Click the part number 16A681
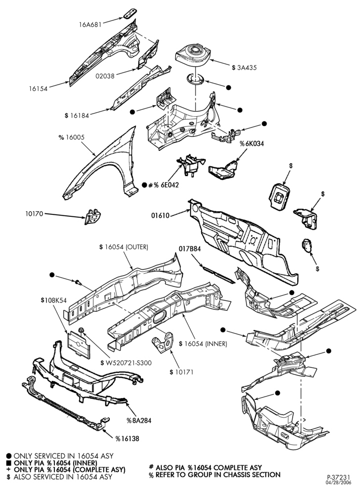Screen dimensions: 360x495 pyautogui.click(x=90, y=24)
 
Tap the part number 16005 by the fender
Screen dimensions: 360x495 pyautogui.click(x=75, y=137)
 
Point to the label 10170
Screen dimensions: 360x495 pyautogui.click(x=35, y=214)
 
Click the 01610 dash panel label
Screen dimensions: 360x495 pyautogui.click(x=160, y=216)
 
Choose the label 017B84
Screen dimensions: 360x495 pyautogui.click(x=190, y=248)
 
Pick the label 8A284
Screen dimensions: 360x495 pyautogui.click(x=141, y=420)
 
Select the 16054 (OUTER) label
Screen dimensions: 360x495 pyautogui.click(x=127, y=247)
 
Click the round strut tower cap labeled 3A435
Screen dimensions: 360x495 pyautogui.click(x=193, y=54)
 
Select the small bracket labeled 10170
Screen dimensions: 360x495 pyautogui.click(x=92, y=217)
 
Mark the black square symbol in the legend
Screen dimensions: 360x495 pyautogui.click(x=9, y=463)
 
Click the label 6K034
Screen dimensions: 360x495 pyautogui.click(x=254, y=144)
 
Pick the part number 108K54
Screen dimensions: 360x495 pyautogui.click(x=55, y=300)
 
